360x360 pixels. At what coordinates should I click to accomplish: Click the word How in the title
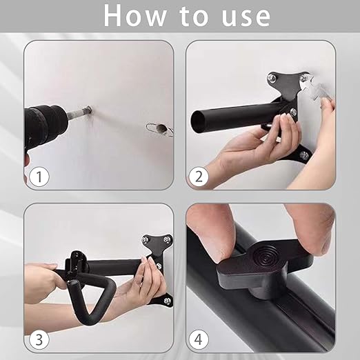[134, 16]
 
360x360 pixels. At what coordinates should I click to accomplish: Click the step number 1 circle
[39, 177]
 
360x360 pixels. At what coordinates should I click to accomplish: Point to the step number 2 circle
[199, 177]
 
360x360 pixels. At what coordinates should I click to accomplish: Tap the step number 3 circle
[39, 339]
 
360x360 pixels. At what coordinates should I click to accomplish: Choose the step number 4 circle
[199, 339]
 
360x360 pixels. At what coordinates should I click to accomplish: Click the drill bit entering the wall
[79, 112]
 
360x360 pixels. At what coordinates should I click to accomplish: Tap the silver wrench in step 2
[315, 88]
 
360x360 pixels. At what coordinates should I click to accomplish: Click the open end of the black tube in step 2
[197, 121]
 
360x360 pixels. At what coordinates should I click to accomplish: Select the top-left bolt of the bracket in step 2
[271, 77]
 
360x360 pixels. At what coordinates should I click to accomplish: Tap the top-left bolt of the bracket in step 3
[145, 240]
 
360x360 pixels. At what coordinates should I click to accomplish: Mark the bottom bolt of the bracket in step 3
[166, 301]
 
